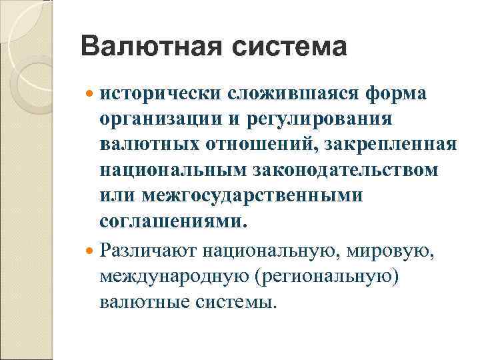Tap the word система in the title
pos(291,47)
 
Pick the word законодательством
pos(344,170)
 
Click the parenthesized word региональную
pos(321,277)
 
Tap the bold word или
pos(117,196)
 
